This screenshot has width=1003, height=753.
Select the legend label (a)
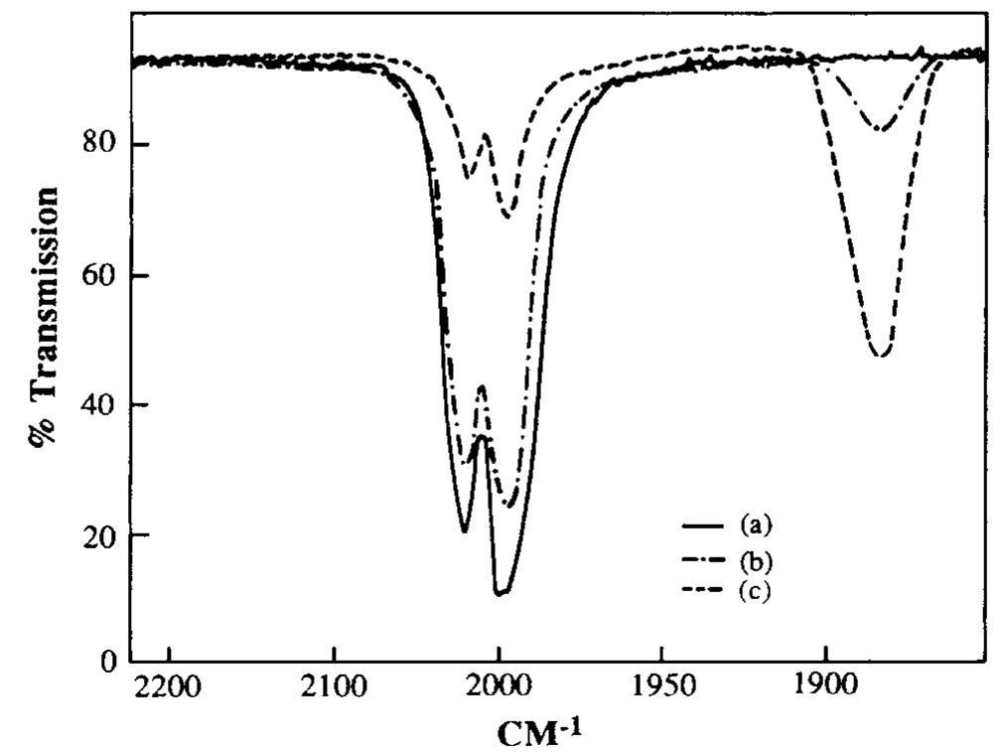tap(755, 524)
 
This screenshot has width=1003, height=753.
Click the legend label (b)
tap(755, 560)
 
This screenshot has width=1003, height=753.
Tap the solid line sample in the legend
tap(702, 524)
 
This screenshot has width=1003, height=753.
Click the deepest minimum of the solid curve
tap(501, 593)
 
